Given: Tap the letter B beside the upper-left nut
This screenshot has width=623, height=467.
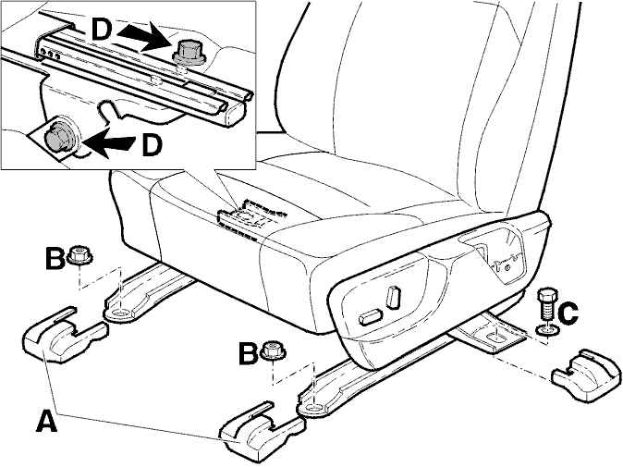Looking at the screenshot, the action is coord(55,258).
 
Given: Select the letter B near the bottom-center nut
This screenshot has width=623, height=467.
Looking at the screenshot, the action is coord(249,353).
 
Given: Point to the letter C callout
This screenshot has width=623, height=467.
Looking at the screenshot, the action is coord(568,313).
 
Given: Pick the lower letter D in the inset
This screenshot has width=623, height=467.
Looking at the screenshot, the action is coord(152,144).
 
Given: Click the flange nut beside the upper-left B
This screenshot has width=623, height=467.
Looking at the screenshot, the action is coord(80,255).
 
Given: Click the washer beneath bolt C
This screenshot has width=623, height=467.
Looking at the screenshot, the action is coord(547,330).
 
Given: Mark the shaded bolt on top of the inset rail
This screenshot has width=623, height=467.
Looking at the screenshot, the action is coord(189,54).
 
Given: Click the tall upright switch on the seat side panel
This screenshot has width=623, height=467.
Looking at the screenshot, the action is coord(394,296).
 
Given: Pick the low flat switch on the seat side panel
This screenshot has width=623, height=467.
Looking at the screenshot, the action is coord(371,317).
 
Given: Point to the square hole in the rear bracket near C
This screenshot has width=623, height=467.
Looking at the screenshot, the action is coord(498,338).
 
